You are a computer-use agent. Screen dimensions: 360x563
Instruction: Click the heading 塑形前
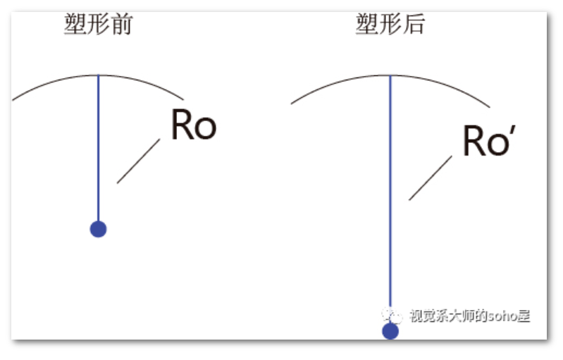click(98, 25)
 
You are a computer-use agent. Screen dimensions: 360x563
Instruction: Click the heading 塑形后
click(390, 25)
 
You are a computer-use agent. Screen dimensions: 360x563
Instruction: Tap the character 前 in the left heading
click(122, 25)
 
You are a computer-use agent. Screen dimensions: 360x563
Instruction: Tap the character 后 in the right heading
click(414, 25)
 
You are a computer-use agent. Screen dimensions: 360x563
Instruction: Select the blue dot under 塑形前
click(98, 229)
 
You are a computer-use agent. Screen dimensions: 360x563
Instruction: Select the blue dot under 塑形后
click(390, 331)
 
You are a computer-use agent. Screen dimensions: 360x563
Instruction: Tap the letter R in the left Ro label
click(182, 125)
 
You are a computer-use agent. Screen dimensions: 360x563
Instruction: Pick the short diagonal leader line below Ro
click(138, 161)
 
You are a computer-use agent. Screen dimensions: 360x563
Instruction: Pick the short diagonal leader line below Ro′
click(430, 178)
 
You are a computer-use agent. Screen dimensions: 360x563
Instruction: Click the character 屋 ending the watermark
click(523, 316)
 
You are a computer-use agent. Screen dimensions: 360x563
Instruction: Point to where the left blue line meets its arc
click(98, 75)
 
